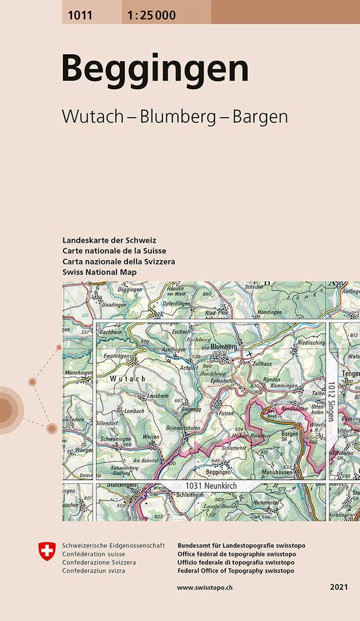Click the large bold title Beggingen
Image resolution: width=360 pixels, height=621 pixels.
[155, 69]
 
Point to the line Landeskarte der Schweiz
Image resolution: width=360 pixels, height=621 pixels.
[110, 240]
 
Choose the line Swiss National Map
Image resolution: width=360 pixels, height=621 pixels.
[100, 272]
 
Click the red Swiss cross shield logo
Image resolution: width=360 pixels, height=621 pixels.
[47, 551]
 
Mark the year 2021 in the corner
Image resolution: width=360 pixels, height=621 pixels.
[339, 587]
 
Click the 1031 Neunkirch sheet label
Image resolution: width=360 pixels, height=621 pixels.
[211, 487]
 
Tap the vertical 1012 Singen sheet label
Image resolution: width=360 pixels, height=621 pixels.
[331, 401]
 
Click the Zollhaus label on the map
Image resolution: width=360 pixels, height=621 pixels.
[261, 364]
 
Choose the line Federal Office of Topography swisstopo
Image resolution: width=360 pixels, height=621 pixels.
[236, 571]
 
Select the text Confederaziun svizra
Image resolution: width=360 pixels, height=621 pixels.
[96, 571]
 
